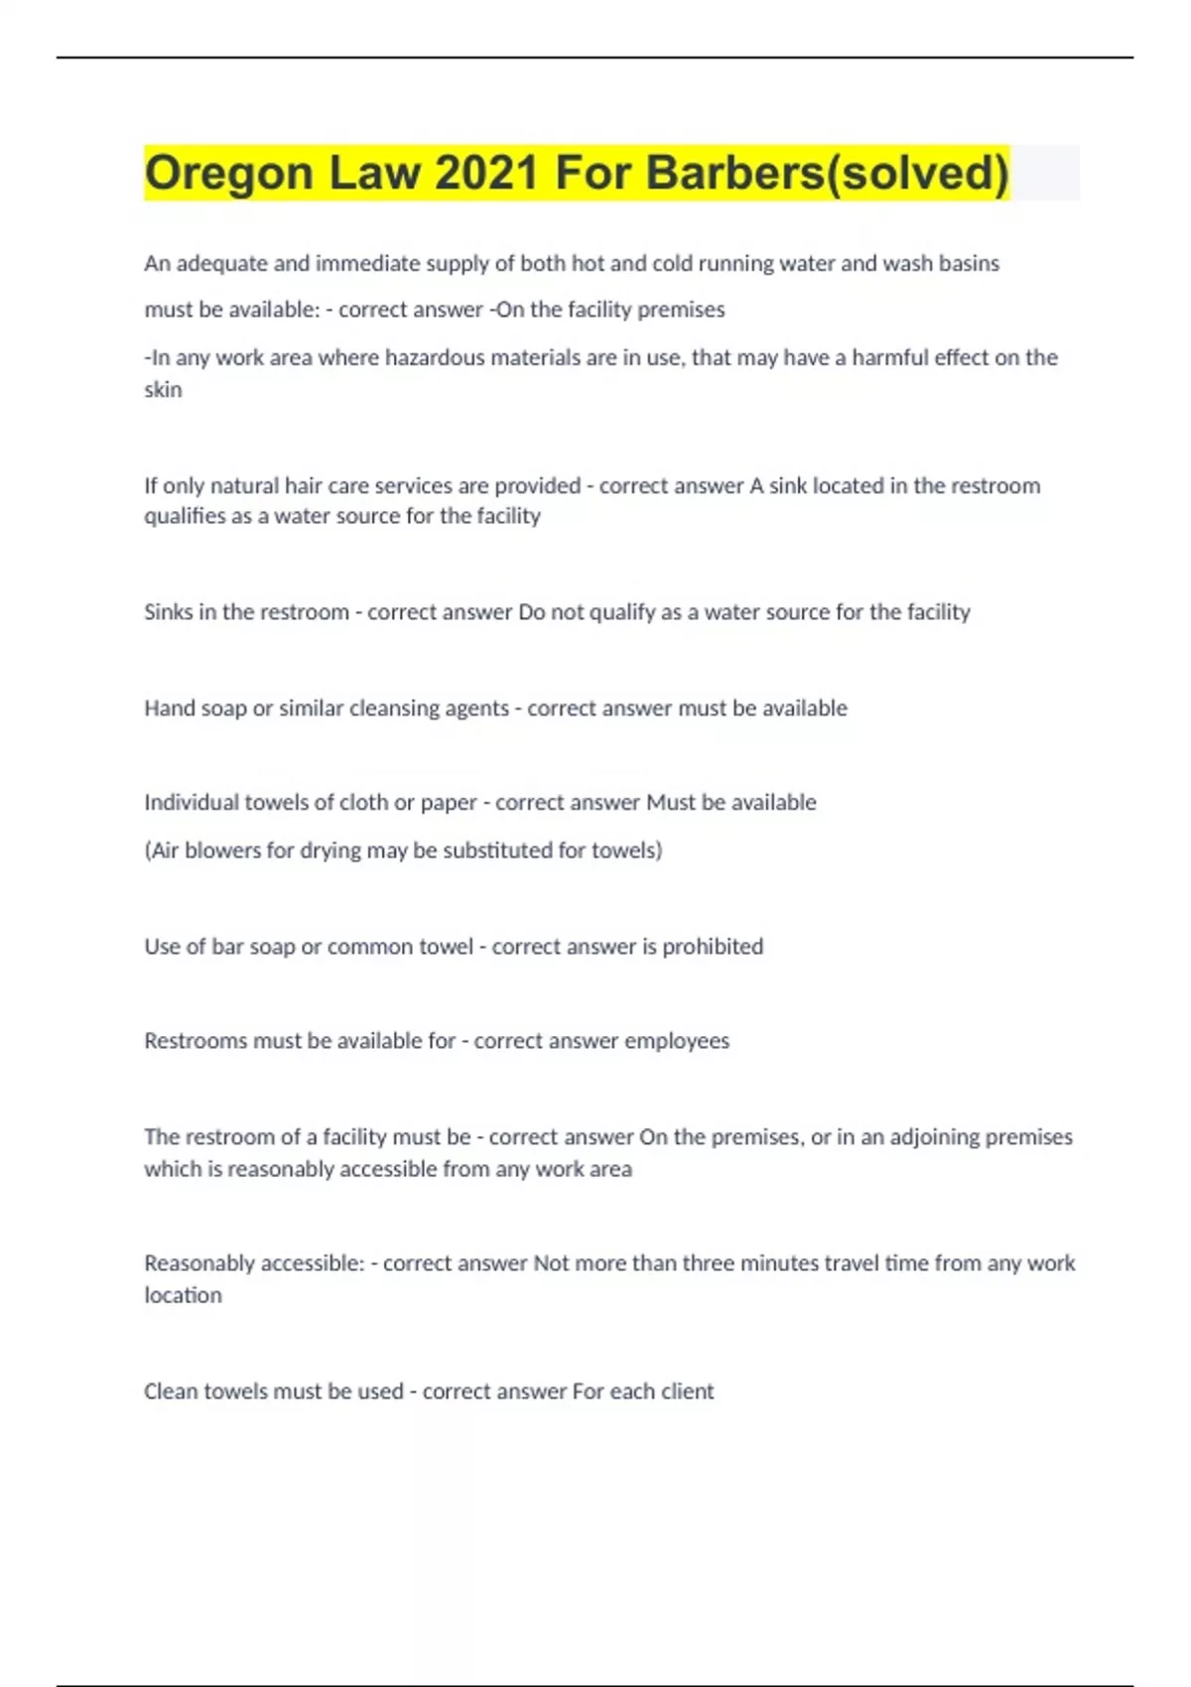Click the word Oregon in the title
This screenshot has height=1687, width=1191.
coord(228,173)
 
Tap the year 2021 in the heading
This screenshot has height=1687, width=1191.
coord(486,173)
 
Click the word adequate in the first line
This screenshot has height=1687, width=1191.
coord(219,263)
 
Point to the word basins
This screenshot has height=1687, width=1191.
coord(971,263)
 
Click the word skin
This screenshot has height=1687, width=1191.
coord(163,389)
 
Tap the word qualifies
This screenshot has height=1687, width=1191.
coord(184,516)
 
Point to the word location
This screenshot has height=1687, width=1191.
coord(183,1295)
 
